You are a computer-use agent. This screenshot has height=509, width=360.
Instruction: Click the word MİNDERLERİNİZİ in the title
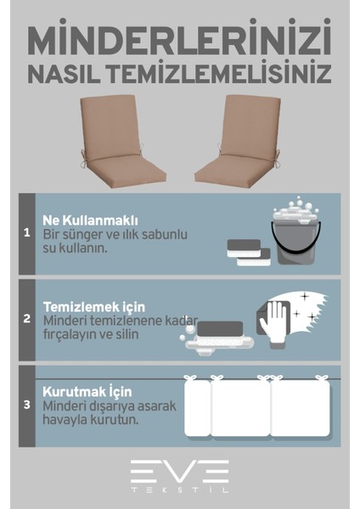(x=179, y=40)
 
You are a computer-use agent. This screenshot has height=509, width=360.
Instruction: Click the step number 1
(x=26, y=232)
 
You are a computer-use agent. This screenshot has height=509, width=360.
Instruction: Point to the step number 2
(x=26, y=320)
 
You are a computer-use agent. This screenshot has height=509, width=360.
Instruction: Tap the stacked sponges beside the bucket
(x=250, y=252)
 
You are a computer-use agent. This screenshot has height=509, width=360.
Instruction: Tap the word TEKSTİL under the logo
(x=179, y=491)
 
